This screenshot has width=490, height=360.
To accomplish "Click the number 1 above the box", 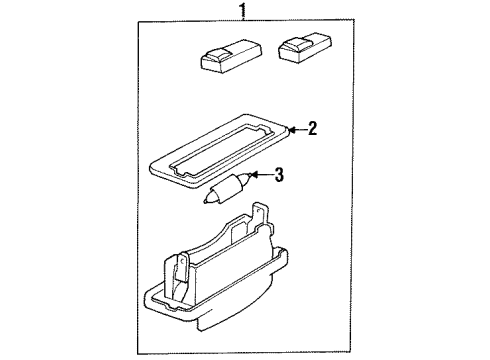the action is click(241, 12).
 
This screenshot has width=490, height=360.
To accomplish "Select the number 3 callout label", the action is click(279, 176).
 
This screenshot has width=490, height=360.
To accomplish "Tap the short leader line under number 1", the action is click(241, 23).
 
